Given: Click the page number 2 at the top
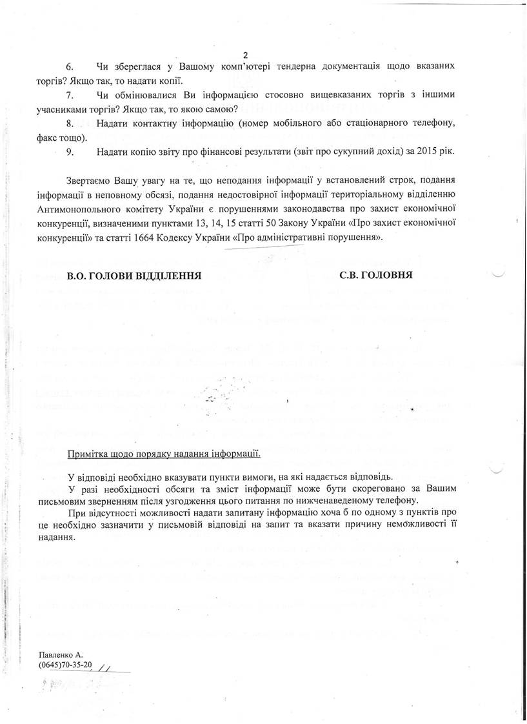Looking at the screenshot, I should [x=245, y=55].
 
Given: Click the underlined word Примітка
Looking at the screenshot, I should [x=88, y=454].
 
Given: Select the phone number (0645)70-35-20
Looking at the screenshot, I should [x=65, y=665].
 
